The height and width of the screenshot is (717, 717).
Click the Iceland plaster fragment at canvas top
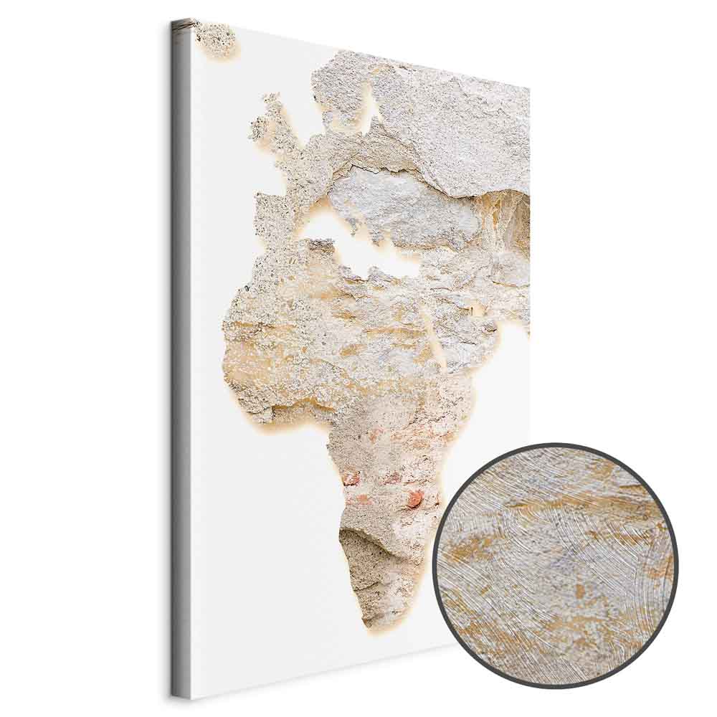click(214, 37)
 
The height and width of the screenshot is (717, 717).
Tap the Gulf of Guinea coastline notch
click(315, 423)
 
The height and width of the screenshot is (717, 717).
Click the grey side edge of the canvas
click(181, 358)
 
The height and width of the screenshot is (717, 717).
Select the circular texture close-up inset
click(556, 566)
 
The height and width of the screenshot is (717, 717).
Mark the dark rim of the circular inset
click(439, 566)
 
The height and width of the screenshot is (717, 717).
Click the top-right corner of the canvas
click(528, 89)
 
